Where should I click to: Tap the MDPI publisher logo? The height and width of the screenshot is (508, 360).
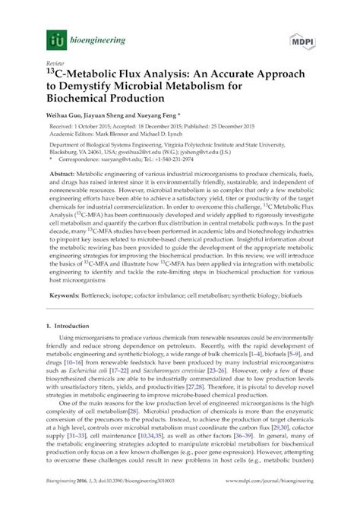click(x=309, y=36)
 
